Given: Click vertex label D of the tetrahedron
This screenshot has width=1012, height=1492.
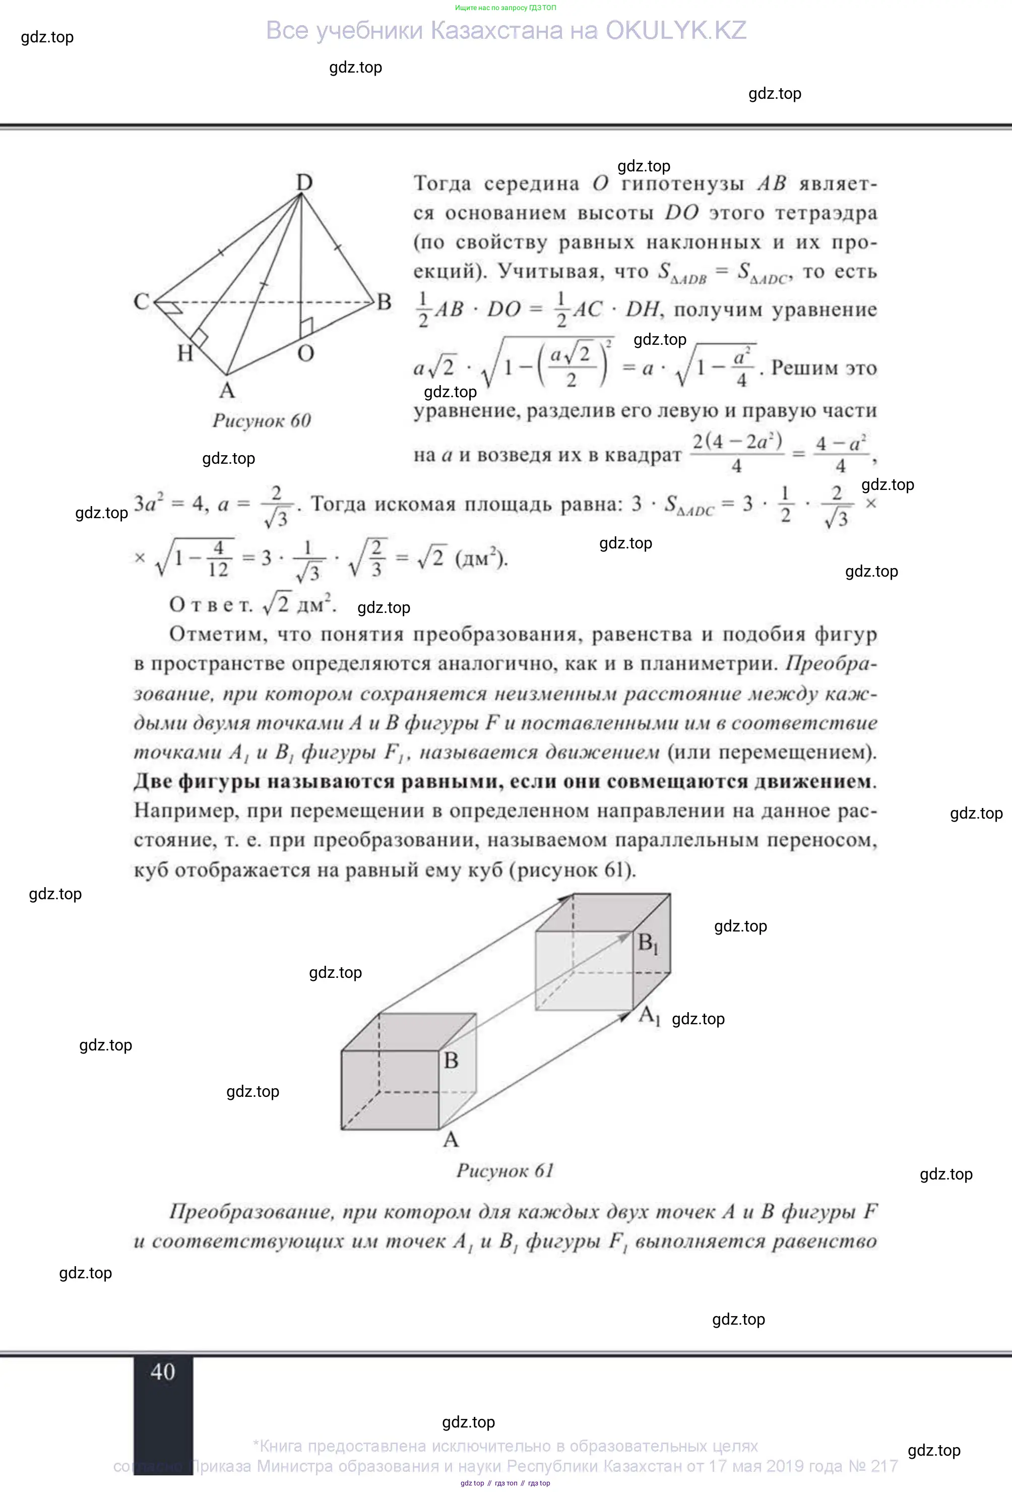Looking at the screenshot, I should tap(304, 183).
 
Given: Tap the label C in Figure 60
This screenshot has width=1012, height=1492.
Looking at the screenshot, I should tap(141, 301).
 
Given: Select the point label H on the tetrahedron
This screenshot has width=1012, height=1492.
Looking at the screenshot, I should tap(185, 353).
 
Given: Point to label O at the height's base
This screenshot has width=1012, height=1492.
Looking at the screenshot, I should tap(305, 353).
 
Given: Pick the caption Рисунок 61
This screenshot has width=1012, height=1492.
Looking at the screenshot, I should tap(505, 1170).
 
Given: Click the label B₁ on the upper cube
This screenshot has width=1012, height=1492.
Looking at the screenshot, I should tap(648, 943).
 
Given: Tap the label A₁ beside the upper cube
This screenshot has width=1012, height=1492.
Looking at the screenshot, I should tap(649, 1015).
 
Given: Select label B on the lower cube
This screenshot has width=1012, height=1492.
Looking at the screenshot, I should tap(451, 1061).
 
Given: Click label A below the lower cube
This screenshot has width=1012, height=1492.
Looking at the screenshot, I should tap(451, 1140).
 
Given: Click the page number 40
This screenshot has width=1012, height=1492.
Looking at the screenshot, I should tap(163, 1372).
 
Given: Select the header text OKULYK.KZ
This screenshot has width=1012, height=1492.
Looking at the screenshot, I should tap(676, 31).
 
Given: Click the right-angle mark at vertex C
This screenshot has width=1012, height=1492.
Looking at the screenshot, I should tap(171, 309).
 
